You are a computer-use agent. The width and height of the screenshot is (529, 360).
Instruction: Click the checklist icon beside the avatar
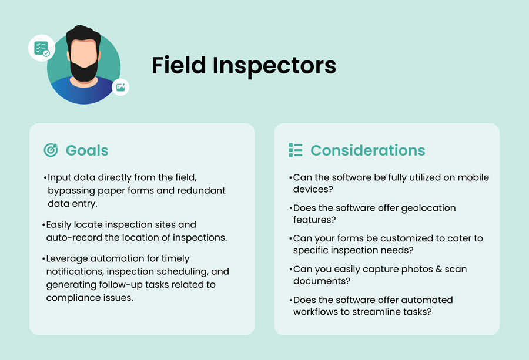click(42, 48)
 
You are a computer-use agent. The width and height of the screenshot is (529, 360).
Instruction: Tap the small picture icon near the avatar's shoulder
click(120, 88)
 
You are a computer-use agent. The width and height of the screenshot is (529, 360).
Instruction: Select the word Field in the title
click(179, 65)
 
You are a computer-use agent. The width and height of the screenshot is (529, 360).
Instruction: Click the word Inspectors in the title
click(274, 66)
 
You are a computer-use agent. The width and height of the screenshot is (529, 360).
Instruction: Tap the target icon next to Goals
click(51, 150)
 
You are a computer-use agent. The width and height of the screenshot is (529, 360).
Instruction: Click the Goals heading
click(87, 150)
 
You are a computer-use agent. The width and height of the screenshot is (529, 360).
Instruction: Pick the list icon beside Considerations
click(296, 150)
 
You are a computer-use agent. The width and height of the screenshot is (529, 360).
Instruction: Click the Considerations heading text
click(368, 150)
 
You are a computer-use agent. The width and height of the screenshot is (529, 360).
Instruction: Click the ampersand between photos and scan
click(438, 270)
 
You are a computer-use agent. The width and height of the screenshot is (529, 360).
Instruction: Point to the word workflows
click(316, 312)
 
